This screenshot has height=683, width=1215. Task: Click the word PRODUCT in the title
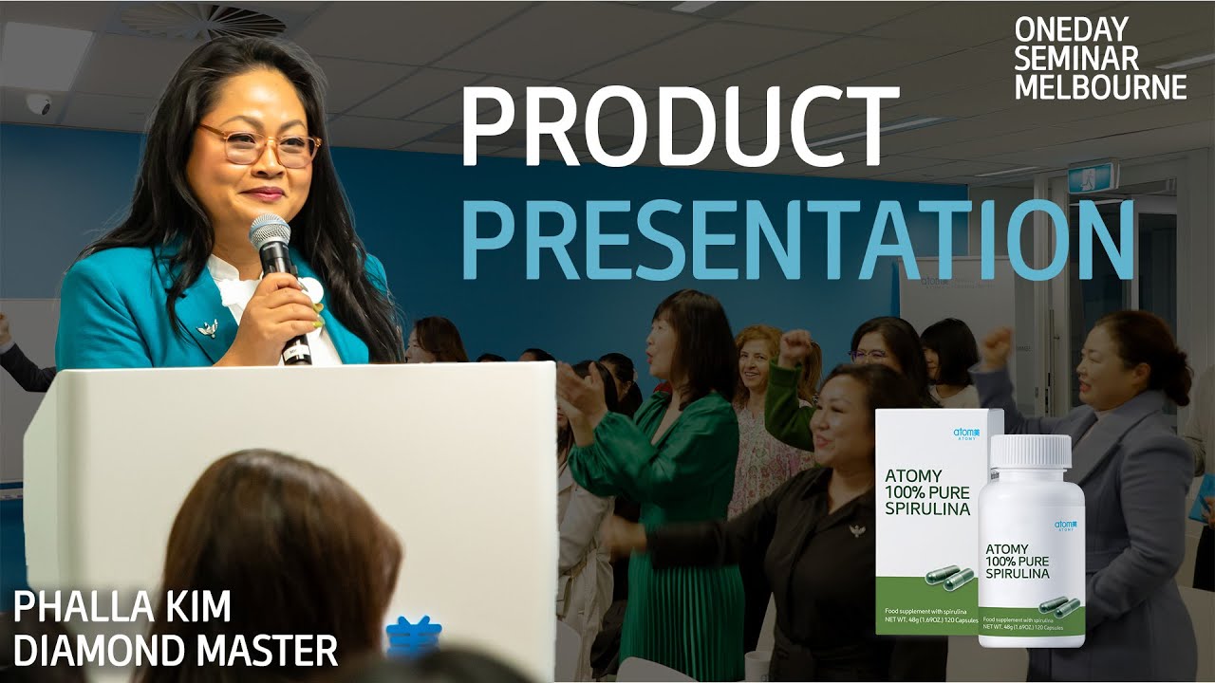click(x=680, y=127)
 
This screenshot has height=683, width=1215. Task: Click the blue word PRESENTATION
click(x=798, y=238)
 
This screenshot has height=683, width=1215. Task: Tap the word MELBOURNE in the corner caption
click(x=1100, y=87)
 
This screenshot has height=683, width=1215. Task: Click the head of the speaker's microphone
click(x=270, y=233)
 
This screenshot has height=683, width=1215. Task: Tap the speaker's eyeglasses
click(x=259, y=144)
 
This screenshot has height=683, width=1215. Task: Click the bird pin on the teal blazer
click(x=207, y=328)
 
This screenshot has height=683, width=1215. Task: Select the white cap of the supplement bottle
click(x=1030, y=452)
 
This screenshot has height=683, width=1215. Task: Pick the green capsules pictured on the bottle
click(x=1059, y=604)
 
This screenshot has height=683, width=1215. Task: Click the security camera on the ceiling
click(x=39, y=103)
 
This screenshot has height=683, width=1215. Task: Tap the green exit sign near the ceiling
click(x=1093, y=175)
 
